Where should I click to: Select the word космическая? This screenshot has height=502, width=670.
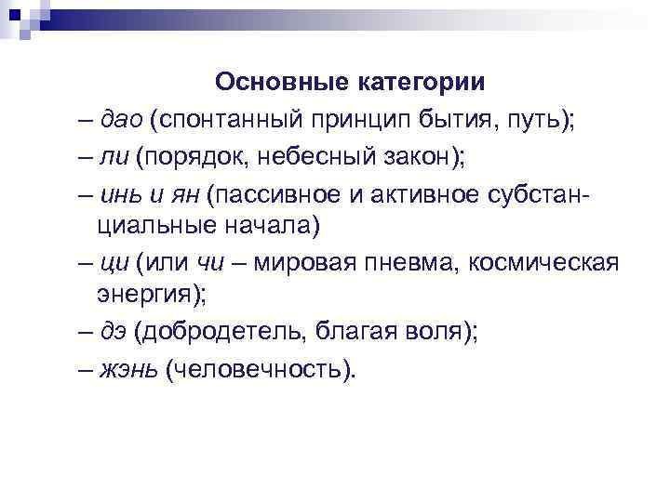tap(543, 265)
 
